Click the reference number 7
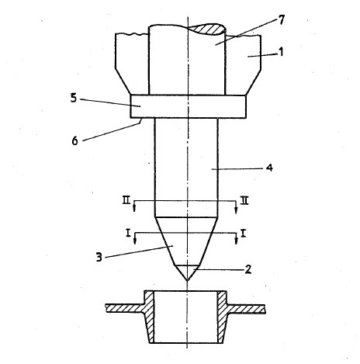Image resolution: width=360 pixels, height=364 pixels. (282, 20)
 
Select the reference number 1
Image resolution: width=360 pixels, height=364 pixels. (281, 52)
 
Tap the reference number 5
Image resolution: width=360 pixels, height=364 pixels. (74, 98)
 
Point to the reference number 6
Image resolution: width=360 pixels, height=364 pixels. (74, 141)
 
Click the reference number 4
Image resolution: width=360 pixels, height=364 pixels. (269, 168)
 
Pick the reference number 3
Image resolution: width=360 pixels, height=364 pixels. (99, 258)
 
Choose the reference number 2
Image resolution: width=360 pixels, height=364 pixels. (247, 269)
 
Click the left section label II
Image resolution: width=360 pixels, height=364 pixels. (126, 200)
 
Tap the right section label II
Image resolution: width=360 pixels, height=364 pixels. (244, 201)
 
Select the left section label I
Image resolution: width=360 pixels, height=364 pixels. (128, 234)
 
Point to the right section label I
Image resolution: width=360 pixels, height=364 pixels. (243, 234)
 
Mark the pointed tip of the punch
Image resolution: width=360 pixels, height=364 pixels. (187, 280)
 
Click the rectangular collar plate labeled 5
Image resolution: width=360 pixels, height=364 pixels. (188, 106)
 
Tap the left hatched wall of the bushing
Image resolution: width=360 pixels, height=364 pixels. (149, 317)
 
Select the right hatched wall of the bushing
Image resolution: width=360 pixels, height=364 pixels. (223, 317)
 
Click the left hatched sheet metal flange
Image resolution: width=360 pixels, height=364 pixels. (125, 308)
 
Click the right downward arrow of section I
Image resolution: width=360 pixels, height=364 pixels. (236, 238)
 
